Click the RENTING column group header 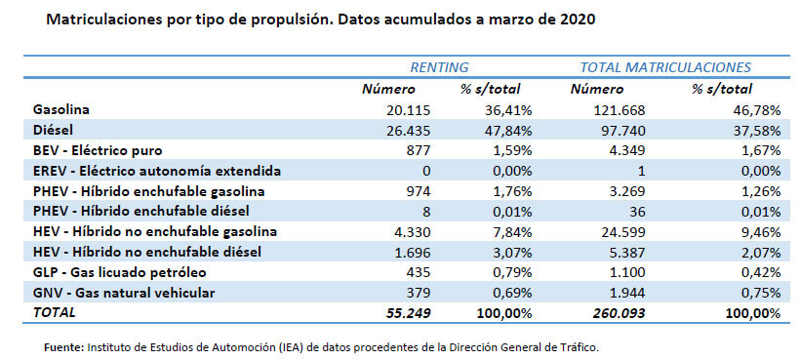pos(438,67)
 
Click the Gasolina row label pos(61,109)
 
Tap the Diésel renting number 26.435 pos(408,130)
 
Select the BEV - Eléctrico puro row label pos(97,150)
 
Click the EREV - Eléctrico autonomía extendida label pos(156,171)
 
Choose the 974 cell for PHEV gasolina pos(418,191)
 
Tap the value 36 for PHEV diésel pos(635,212)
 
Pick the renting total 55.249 pos(407,313)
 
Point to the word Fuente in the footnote pos(64,347)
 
